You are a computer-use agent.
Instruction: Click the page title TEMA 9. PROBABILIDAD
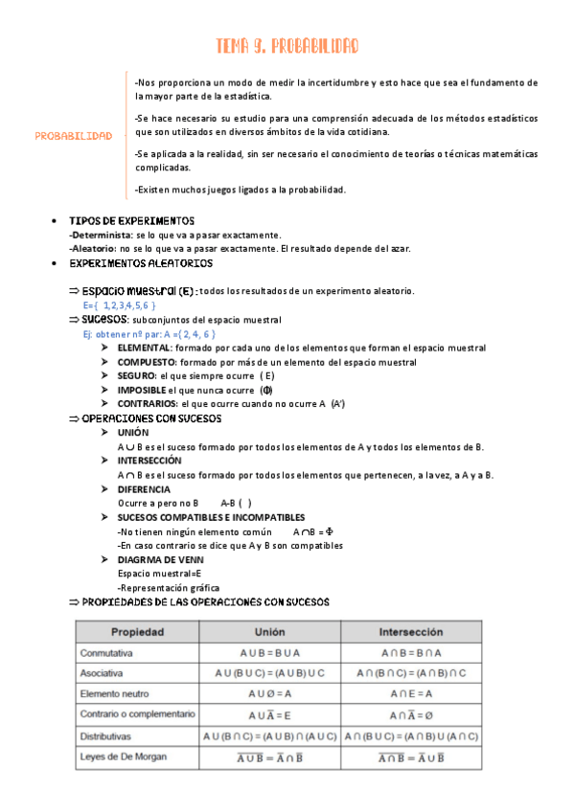287,46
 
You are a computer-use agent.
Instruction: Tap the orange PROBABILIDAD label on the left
74,136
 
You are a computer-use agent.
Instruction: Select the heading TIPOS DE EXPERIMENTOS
132,221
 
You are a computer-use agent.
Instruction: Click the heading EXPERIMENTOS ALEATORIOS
141,263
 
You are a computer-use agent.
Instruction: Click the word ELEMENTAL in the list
146,349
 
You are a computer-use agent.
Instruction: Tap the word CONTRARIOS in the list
148,404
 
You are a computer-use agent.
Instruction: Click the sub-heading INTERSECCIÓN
149,461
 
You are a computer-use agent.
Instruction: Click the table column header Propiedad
138,633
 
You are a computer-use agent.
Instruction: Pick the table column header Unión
269,633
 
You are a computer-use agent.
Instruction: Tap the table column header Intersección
410,633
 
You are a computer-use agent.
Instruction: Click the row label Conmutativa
107,653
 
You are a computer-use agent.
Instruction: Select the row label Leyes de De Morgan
124,756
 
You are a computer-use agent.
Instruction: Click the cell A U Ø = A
269,694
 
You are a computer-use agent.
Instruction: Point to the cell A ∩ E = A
411,694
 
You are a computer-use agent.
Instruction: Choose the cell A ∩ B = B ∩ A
411,653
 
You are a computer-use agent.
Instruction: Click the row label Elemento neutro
119,694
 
